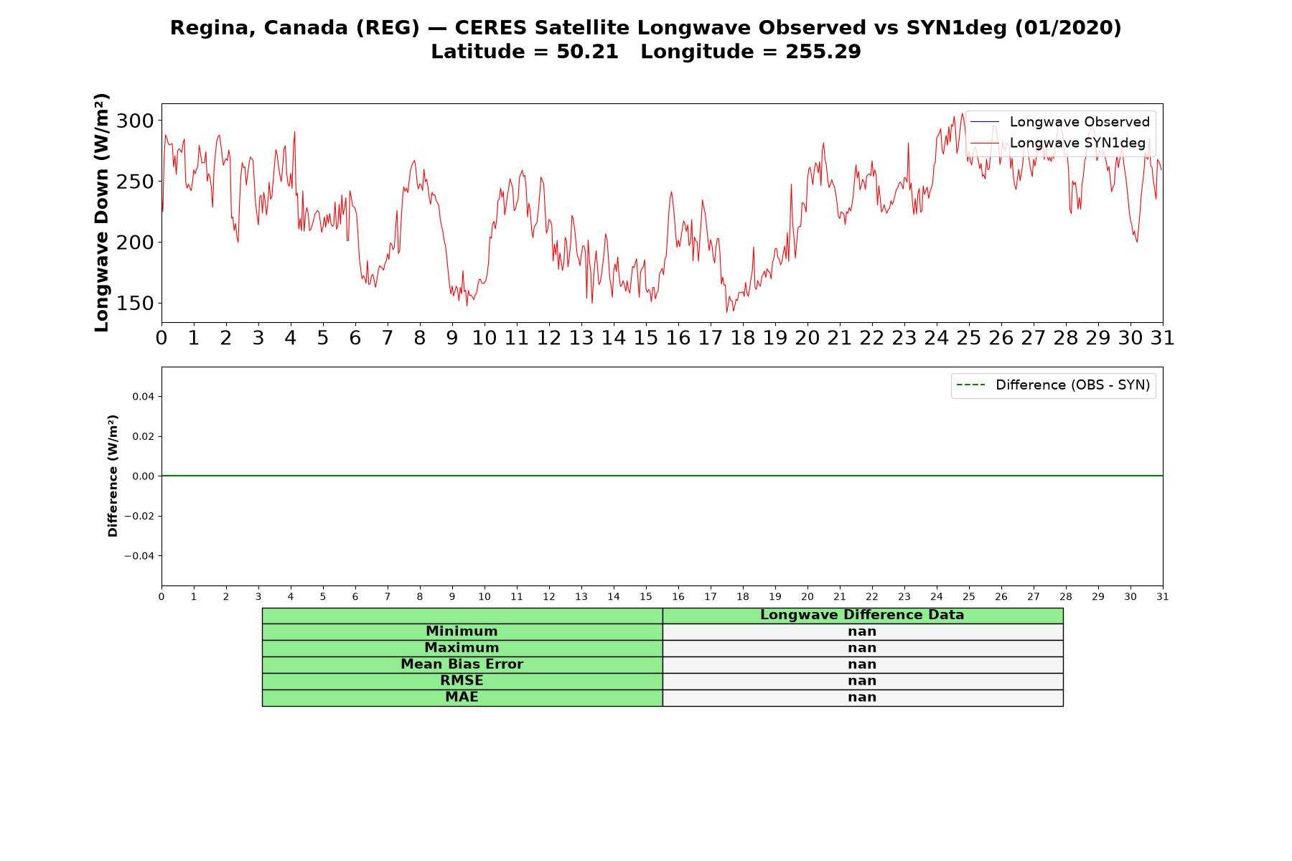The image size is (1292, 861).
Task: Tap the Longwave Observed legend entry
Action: tap(1060, 122)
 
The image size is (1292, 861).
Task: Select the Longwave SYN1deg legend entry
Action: tap(1058, 143)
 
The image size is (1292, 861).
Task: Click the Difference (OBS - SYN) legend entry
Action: tap(1053, 385)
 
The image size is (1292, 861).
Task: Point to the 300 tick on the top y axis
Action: tap(135, 121)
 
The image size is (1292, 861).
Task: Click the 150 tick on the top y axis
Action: tap(135, 304)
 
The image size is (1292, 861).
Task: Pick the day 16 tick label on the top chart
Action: tap(678, 338)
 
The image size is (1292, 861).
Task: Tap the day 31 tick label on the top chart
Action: tap(1162, 338)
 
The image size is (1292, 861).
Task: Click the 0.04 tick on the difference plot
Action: tap(143, 397)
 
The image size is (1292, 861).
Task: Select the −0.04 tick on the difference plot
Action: tap(139, 556)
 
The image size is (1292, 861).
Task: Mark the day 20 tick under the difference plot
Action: tap(807, 597)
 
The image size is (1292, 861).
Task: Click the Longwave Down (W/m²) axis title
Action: tap(102, 212)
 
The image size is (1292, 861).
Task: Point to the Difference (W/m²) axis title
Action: tap(113, 476)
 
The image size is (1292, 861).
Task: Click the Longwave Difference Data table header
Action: tap(862, 615)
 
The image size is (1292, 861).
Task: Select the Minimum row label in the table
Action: tap(462, 631)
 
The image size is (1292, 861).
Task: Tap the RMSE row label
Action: tap(462, 681)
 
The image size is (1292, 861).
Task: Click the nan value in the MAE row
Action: tap(862, 697)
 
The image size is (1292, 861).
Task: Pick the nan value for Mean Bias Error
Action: tap(862, 664)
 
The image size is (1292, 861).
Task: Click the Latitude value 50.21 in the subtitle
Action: tap(587, 52)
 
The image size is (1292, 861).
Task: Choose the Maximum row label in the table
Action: tap(462, 648)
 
